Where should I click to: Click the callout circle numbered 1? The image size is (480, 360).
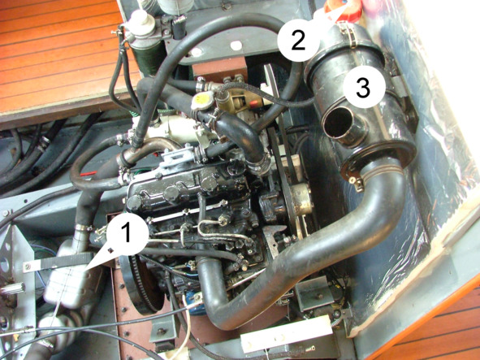127,234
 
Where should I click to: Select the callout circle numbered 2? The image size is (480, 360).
298,40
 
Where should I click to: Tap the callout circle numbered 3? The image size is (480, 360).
364,87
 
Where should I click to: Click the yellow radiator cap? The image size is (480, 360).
202,100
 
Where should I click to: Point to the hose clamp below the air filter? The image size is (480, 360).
356,183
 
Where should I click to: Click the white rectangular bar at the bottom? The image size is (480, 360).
286,334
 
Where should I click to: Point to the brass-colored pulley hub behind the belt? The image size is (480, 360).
301,199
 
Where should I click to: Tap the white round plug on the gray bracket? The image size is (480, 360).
236,46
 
